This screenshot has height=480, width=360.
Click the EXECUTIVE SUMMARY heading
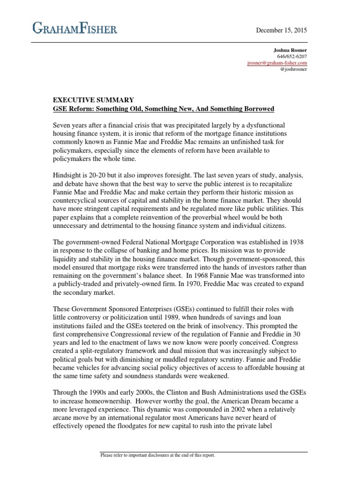point(93,100)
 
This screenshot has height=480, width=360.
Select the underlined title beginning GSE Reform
point(163,109)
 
